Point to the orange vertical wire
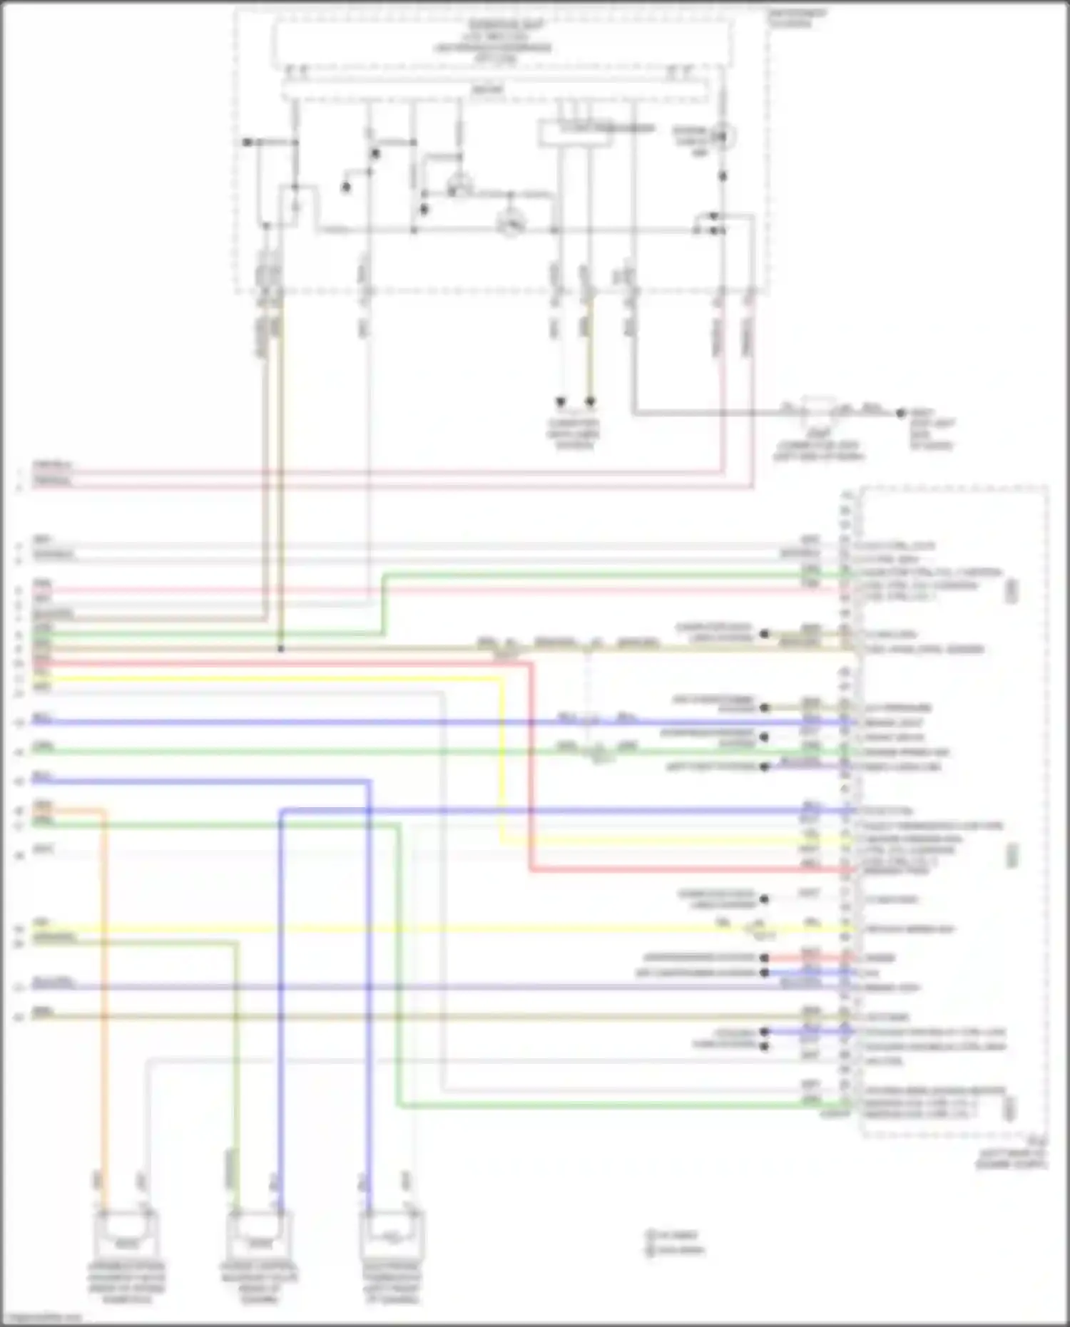pos(104,998)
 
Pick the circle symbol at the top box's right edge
pos(724,135)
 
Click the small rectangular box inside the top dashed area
pos(575,133)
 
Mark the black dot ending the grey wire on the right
pos(901,413)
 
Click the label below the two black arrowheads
pos(574,434)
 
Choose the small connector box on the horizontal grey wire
pos(817,411)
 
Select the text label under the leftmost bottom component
pos(126,1283)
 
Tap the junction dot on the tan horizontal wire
pos(281,649)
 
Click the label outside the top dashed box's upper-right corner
pos(797,18)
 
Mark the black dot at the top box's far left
pos(247,143)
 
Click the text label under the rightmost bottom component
pos(392,1283)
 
